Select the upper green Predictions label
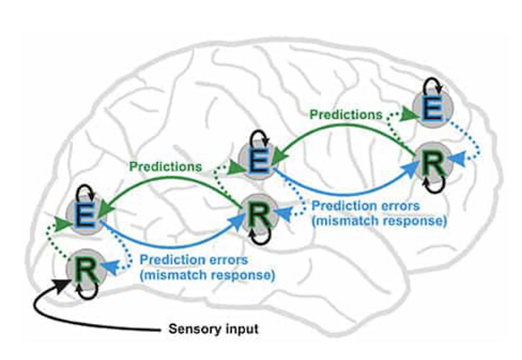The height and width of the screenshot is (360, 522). coord(346,115)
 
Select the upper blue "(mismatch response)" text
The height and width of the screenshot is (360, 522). coord(380,221)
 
